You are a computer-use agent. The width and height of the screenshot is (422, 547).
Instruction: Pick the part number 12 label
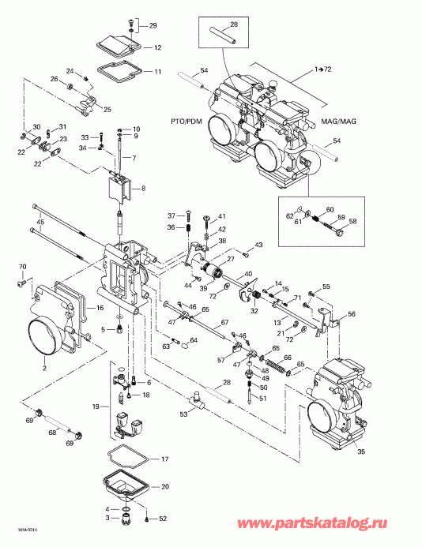coord(157,47)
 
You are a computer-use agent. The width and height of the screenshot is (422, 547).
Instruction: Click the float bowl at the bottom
coord(126,489)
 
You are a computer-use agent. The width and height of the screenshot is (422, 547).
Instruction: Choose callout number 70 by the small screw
coord(22,266)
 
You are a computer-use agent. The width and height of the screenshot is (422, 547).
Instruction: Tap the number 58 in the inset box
coord(352,222)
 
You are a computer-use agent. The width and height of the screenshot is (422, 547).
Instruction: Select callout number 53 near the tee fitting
coord(184,414)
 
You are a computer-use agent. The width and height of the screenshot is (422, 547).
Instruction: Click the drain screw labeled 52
coord(150,519)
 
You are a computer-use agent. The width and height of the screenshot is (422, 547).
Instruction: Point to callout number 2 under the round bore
coord(44,369)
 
